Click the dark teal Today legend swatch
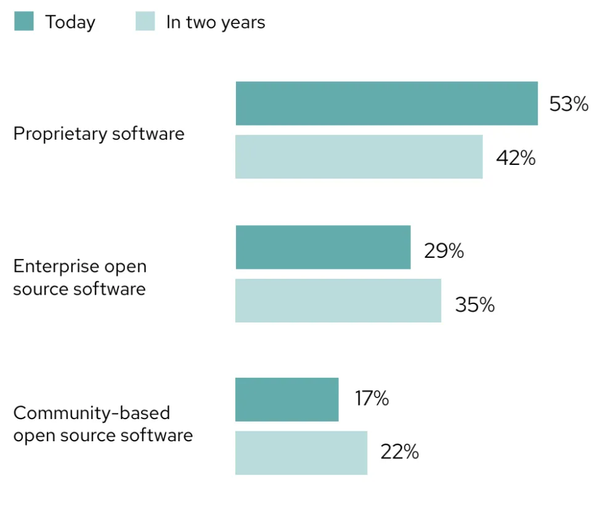[x=23, y=22]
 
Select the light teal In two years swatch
[x=145, y=22]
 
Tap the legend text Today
[x=70, y=23]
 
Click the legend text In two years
[x=216, y=23]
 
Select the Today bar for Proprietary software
[x=386, y=103]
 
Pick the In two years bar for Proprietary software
[x=359, y=157]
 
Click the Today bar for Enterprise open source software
[x=323, y=247]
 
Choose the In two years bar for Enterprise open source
[x=338, y=300]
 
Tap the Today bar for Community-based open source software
[x=287, y=399]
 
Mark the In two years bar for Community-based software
[x=301, y=453]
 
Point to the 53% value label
[x=569, y=104]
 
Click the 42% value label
[x=516, y=158]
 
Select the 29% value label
[x=444, y=251]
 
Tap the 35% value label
[x=474, y=305]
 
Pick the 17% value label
[x=371, y=398]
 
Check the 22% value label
[x=399, y=452]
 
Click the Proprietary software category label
[x=99, y=134]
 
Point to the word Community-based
[x=92, y=412]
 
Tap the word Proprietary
[x=52, y=134]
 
